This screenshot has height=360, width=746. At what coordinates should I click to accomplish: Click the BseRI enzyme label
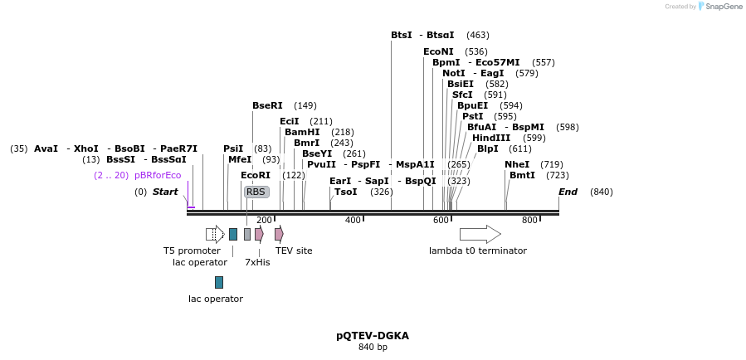point(267,105)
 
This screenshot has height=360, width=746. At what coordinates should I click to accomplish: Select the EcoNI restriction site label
point(438,51)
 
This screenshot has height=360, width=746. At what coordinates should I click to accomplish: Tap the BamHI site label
point(302,132)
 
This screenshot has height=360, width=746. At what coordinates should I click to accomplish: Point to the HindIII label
point(491,138)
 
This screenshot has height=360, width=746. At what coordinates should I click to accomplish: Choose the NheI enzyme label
point(516,164)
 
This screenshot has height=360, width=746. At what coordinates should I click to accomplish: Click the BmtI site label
point(522,175)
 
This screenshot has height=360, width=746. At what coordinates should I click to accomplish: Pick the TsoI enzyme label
point(345,192)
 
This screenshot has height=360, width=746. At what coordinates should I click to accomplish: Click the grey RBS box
point(256,192)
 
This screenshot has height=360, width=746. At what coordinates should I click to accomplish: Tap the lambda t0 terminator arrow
point(480,234)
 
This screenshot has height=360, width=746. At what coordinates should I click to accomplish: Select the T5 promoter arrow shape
point(215,234)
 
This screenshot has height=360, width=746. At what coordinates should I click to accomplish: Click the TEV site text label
point(294,251)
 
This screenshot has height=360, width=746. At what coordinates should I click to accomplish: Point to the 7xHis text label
point(257,262)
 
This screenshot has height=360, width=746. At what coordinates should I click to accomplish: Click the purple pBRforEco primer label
point(158,175)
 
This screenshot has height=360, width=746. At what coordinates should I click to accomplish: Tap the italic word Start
point(165,192)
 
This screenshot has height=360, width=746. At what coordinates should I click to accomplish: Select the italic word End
point(568,192)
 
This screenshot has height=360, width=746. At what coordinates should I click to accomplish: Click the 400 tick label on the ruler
point(353,220)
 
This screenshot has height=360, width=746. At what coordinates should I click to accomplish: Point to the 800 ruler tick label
point(529,220)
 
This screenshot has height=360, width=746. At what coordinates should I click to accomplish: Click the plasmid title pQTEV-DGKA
point(373,336)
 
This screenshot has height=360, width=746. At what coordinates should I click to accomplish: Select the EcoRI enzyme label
point(256,175)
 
